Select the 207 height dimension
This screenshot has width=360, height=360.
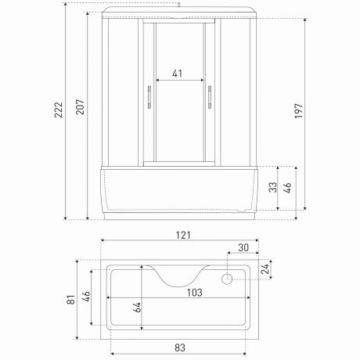point(79,107)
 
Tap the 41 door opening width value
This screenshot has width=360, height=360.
point(178,73)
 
